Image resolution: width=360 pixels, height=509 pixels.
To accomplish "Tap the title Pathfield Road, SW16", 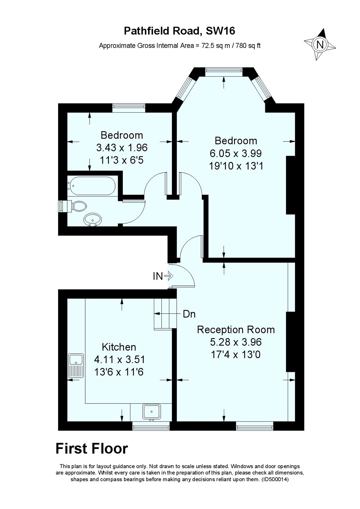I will pyautogui.click(x=180, y=31).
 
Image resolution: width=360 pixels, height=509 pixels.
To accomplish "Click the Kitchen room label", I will pyautogui.click(x=119, y=347).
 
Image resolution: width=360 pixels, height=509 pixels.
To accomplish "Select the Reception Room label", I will pyautogui.click(x=236, y=329).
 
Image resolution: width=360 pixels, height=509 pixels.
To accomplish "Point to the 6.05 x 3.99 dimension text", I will pyautogui.click(x=236, y=153).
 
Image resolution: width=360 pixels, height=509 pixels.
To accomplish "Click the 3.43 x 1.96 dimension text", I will pyautogui.click(x=122, y=148).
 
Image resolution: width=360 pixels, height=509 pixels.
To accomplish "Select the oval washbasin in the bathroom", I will pyautogui.click(x=92, y=220).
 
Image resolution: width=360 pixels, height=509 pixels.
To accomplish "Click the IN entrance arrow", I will pyautogui.click(x=168, y=276).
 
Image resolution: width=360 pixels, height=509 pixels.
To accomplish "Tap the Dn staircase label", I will pyautogui.click(x=189, y=314).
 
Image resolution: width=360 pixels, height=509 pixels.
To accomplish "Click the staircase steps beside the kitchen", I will pyautogui.click(x=165, y=314).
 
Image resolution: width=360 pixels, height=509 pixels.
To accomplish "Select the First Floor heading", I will pyautogui.click(x=92, y=448).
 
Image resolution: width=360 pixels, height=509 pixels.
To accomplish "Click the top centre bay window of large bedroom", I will pyautogui.click(x=223, y=71).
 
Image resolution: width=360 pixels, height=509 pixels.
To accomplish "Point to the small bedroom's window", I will pyautogui.click(x=129, y=107).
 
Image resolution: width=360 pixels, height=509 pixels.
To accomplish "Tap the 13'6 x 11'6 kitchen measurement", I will pyautogui.click(x=119, y=372).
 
